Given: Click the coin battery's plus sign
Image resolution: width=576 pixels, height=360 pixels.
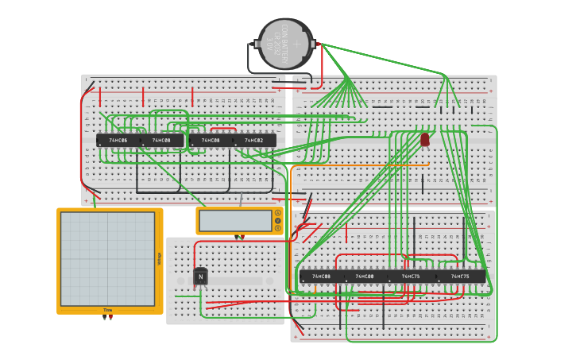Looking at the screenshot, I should click(296, 45).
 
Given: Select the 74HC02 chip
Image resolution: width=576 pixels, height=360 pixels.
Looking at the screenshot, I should click(254, 141).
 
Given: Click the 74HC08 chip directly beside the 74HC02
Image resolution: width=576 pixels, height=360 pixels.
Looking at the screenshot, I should click(211, 141).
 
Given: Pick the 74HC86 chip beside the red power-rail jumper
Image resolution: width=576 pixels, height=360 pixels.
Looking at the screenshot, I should click(118, 141).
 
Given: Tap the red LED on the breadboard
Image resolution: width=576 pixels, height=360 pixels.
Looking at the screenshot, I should click(425, 140).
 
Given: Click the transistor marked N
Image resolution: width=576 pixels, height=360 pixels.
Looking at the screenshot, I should click(200, 277).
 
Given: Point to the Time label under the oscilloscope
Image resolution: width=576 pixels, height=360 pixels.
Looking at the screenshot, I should click(108, 310).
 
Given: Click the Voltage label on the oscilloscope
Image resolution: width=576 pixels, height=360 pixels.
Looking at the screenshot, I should click(159, 259).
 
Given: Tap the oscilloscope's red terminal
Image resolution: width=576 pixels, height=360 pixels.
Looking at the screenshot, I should click(110, 318).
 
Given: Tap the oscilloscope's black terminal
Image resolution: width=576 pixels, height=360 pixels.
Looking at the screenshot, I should click(104, 318).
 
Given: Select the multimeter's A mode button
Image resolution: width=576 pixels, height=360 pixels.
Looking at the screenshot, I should click(277, 213).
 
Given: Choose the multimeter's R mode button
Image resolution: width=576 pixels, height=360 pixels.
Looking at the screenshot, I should click(277, 228).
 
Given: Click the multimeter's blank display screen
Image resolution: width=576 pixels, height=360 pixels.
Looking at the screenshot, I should click(235, 220).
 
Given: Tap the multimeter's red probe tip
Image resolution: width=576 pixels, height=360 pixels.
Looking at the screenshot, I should click(242, 237).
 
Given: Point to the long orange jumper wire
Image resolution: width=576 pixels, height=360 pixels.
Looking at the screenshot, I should click(358, 166).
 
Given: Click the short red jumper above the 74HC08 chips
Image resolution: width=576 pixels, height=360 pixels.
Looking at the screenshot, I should click(223, 129).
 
